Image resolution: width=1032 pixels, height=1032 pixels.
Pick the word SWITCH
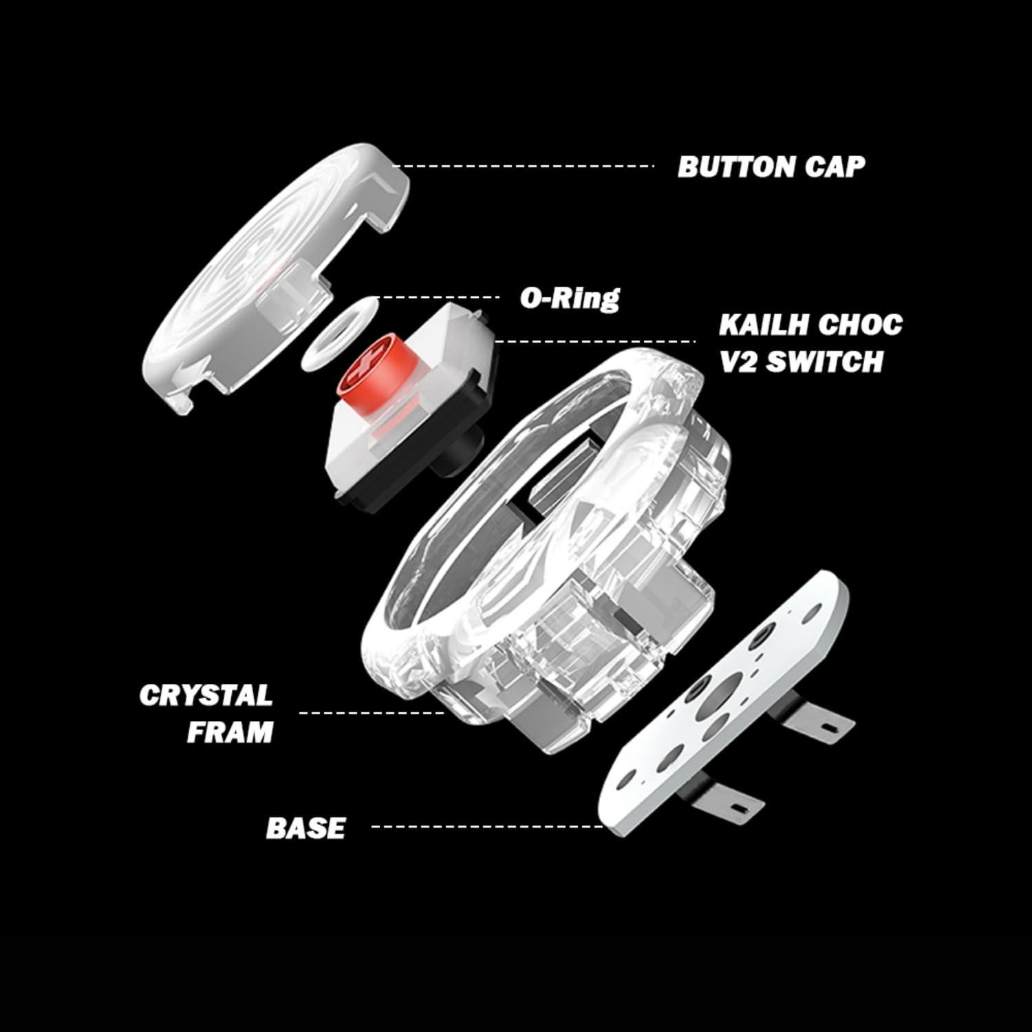[x=824, y=361]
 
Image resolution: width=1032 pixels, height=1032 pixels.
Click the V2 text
[x=738, y=361]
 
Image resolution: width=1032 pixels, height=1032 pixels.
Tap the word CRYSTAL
[x=206, y=696]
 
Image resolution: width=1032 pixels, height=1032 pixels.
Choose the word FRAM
[x=230, y=732]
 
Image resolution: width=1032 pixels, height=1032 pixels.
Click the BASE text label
[x=305, y=828]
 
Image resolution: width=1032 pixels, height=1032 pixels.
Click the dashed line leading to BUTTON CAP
[x=523, y=166]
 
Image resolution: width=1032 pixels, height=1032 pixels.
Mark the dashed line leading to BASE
[x=485, y=826]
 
